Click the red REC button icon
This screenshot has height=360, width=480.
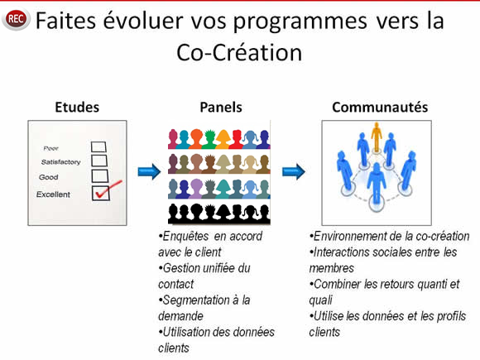click(x=16, y=19)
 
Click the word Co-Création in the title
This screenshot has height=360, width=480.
click(x=239, y=53)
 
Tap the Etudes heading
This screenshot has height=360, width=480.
click(x=77, y=107)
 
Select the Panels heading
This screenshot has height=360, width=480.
click(x=221, y=107)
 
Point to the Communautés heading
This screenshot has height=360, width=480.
click(x=380, y=107)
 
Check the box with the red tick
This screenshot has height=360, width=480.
click(x=101, y=194)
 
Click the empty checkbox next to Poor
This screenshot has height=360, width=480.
click(x=98, y=147)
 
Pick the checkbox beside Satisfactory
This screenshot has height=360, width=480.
click(x=99, y=161)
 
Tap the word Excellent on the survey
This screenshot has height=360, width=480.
click(x=53, y=194)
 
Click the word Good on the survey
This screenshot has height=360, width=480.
click(x=48, y=177)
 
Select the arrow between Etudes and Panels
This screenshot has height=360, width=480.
click(x=149, y=172)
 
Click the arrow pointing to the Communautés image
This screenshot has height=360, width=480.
click(x=294, y=172)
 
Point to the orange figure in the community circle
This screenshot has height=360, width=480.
click(x=377, y=137)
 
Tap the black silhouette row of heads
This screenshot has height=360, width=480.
click(x=219, y=214)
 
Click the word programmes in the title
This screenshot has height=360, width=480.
click(x=300, y=22)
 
